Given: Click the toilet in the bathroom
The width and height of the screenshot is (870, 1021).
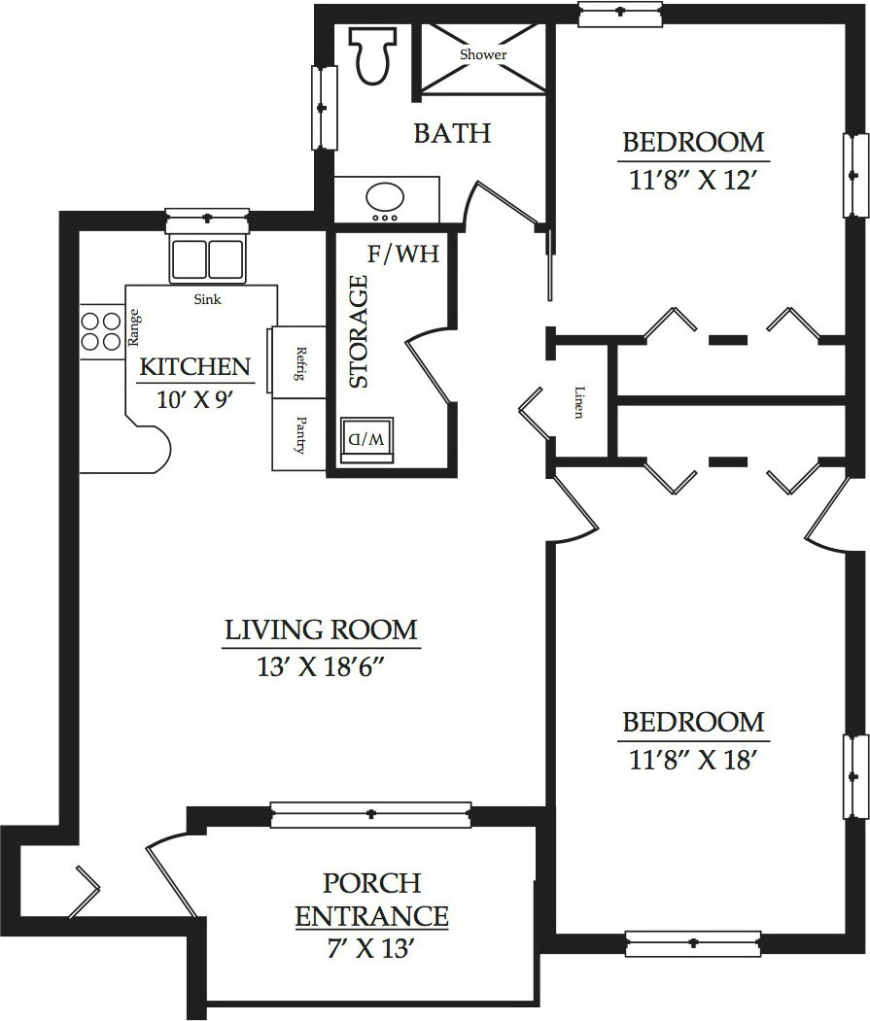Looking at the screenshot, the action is click(373, 54).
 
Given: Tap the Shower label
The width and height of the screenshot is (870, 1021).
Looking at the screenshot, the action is click(483, 54).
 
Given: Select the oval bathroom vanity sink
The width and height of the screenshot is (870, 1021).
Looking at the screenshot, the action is click(385, 196).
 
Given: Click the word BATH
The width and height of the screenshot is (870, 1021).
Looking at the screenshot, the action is click(452, 133).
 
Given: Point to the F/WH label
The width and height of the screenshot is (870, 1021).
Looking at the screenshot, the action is click(403, 254).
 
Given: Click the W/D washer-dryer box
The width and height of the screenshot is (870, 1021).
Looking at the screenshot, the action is click(367, 440).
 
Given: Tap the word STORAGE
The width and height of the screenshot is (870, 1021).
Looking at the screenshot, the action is click(359, 332).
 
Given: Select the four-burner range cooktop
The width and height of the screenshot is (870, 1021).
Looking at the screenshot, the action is click(102, 331).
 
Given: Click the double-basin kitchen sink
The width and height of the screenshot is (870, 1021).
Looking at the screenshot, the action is click(207, 259).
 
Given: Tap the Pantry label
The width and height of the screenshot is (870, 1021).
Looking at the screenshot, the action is click(300, 434).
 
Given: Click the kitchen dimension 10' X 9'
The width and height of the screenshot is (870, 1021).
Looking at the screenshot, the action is click(194, 399).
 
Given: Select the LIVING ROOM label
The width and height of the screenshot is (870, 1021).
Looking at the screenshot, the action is click(322, 630).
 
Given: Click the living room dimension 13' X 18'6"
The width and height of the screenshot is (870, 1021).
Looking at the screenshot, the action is click(321, 666).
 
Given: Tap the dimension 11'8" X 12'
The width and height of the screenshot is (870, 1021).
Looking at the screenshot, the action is click(692, 179).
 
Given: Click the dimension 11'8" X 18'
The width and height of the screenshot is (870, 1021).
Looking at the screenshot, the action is click(692, 760).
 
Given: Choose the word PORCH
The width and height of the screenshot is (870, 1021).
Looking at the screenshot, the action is click(372, 883).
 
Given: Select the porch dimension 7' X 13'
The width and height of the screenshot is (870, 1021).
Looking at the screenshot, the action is click(371, 949).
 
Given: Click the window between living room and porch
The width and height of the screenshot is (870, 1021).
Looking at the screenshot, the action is click(370, 815).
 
